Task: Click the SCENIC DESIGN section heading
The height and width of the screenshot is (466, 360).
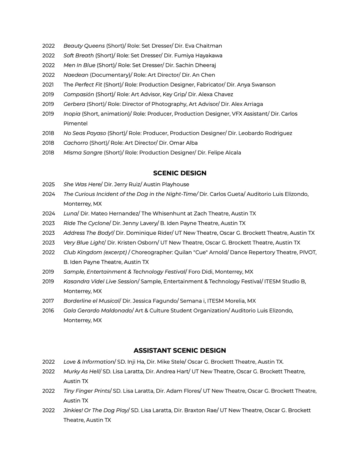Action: click(180, 173)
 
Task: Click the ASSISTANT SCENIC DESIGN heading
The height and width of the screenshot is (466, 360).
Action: click(180, 350)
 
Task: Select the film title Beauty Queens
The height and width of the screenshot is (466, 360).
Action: click(84, 46)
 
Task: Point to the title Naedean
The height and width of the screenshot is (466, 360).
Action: click(76, 75)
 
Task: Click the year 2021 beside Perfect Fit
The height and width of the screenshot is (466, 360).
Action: click(48, 85)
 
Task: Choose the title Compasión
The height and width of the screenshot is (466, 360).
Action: click(79, 95)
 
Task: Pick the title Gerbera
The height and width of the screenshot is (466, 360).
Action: click(74, 104)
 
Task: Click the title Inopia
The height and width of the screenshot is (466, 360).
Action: click(72, 114)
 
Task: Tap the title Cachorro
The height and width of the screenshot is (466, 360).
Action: click(76, 143)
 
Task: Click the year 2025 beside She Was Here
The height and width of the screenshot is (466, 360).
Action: click(48, 184)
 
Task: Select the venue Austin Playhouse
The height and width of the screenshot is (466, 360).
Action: click(166, 184)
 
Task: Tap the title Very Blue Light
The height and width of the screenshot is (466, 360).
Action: click(84, 243)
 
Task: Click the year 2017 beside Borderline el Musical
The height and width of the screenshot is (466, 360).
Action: click(48, 301)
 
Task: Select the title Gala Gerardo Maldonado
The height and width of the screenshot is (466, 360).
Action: click(97, 311)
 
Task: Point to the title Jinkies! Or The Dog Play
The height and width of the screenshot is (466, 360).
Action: click(96, 410)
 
